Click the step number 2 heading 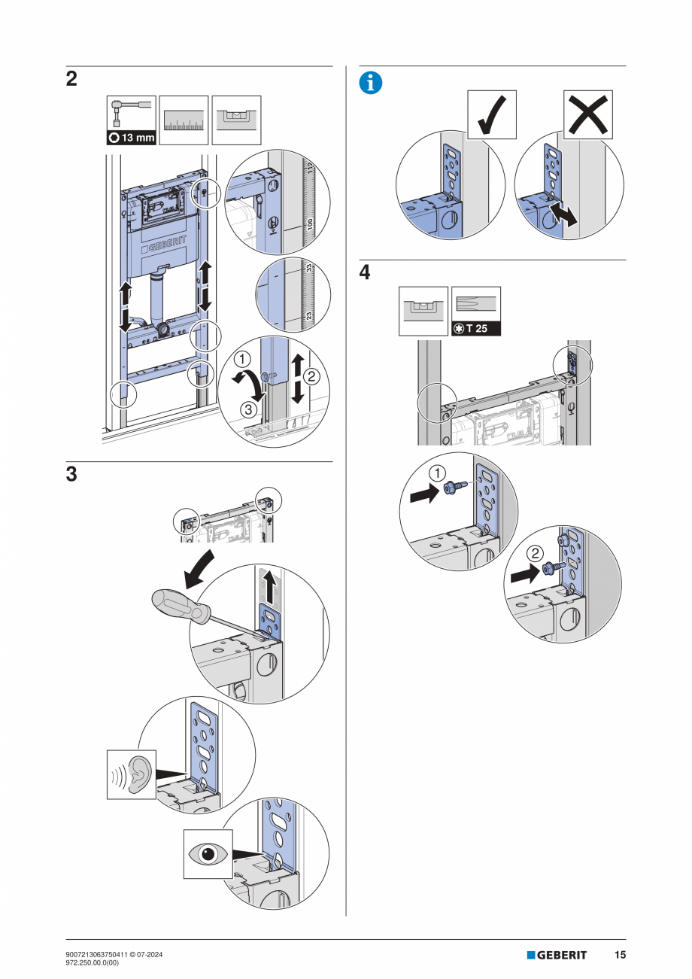[71, 79]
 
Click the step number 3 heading [71, 475]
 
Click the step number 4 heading [365, 273]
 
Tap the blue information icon [370, 84]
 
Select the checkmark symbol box [492, 114]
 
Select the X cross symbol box [588, 114]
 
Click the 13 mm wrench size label [132, 138]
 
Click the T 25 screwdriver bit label [476, 329]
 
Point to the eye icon [208, 854]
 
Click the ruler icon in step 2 [184, 120]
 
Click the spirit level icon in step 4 [423, 310]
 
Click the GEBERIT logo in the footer [557, 955]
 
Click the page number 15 [620, 955]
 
